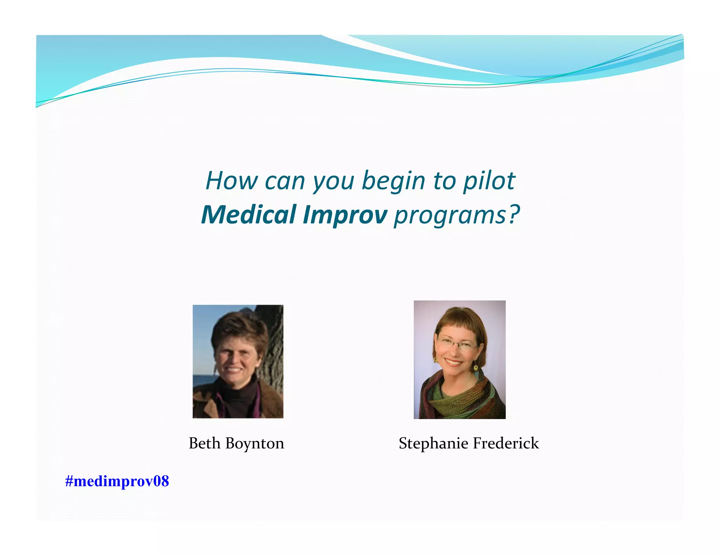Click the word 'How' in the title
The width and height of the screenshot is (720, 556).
(231, 181)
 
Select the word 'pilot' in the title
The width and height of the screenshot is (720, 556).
(489, 181)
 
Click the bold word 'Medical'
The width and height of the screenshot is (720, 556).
(249, 215)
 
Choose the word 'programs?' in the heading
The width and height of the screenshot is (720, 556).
(456, 215)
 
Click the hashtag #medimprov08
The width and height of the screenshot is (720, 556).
(117, 481)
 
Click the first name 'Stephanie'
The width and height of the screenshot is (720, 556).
(433, 444)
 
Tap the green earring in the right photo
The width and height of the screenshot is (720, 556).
(476, 368)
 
